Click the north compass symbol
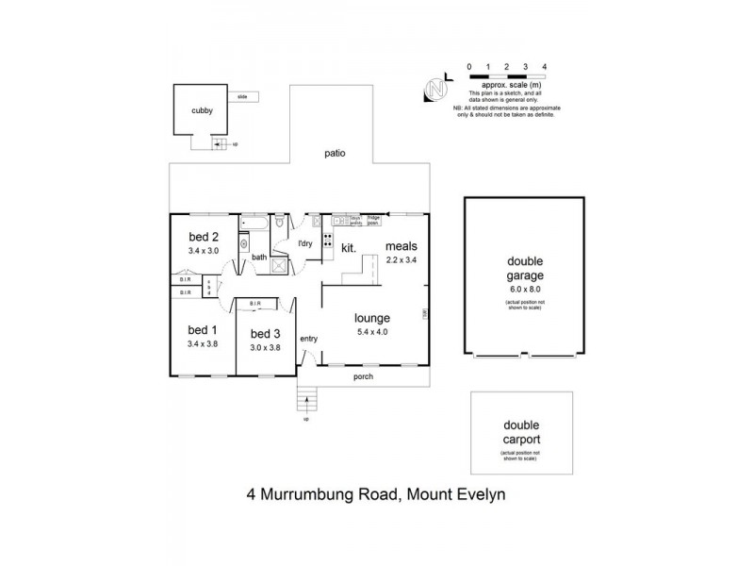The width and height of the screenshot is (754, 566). (x=435, y=88)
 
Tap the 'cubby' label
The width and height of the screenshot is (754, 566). (x=202, y=110)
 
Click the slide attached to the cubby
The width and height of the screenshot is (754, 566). (x=242, y=97)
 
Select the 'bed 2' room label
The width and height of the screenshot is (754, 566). (x=204, y=237)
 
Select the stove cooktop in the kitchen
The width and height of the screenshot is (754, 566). (x=328, y=240)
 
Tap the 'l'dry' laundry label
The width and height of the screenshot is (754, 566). (x=304, y=244)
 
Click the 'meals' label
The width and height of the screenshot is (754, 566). (x=402, y=248)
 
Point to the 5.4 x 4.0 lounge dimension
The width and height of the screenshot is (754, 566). (x=372, y=332)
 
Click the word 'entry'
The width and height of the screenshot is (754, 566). (x=309, y=339)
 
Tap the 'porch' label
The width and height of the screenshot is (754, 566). (x=363, y=376)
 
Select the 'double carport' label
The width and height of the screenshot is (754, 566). (x=520, y=433)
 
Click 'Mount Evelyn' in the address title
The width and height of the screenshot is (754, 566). (x=453, y=493)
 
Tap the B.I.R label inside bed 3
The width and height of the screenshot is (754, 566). (x=255, y=304)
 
